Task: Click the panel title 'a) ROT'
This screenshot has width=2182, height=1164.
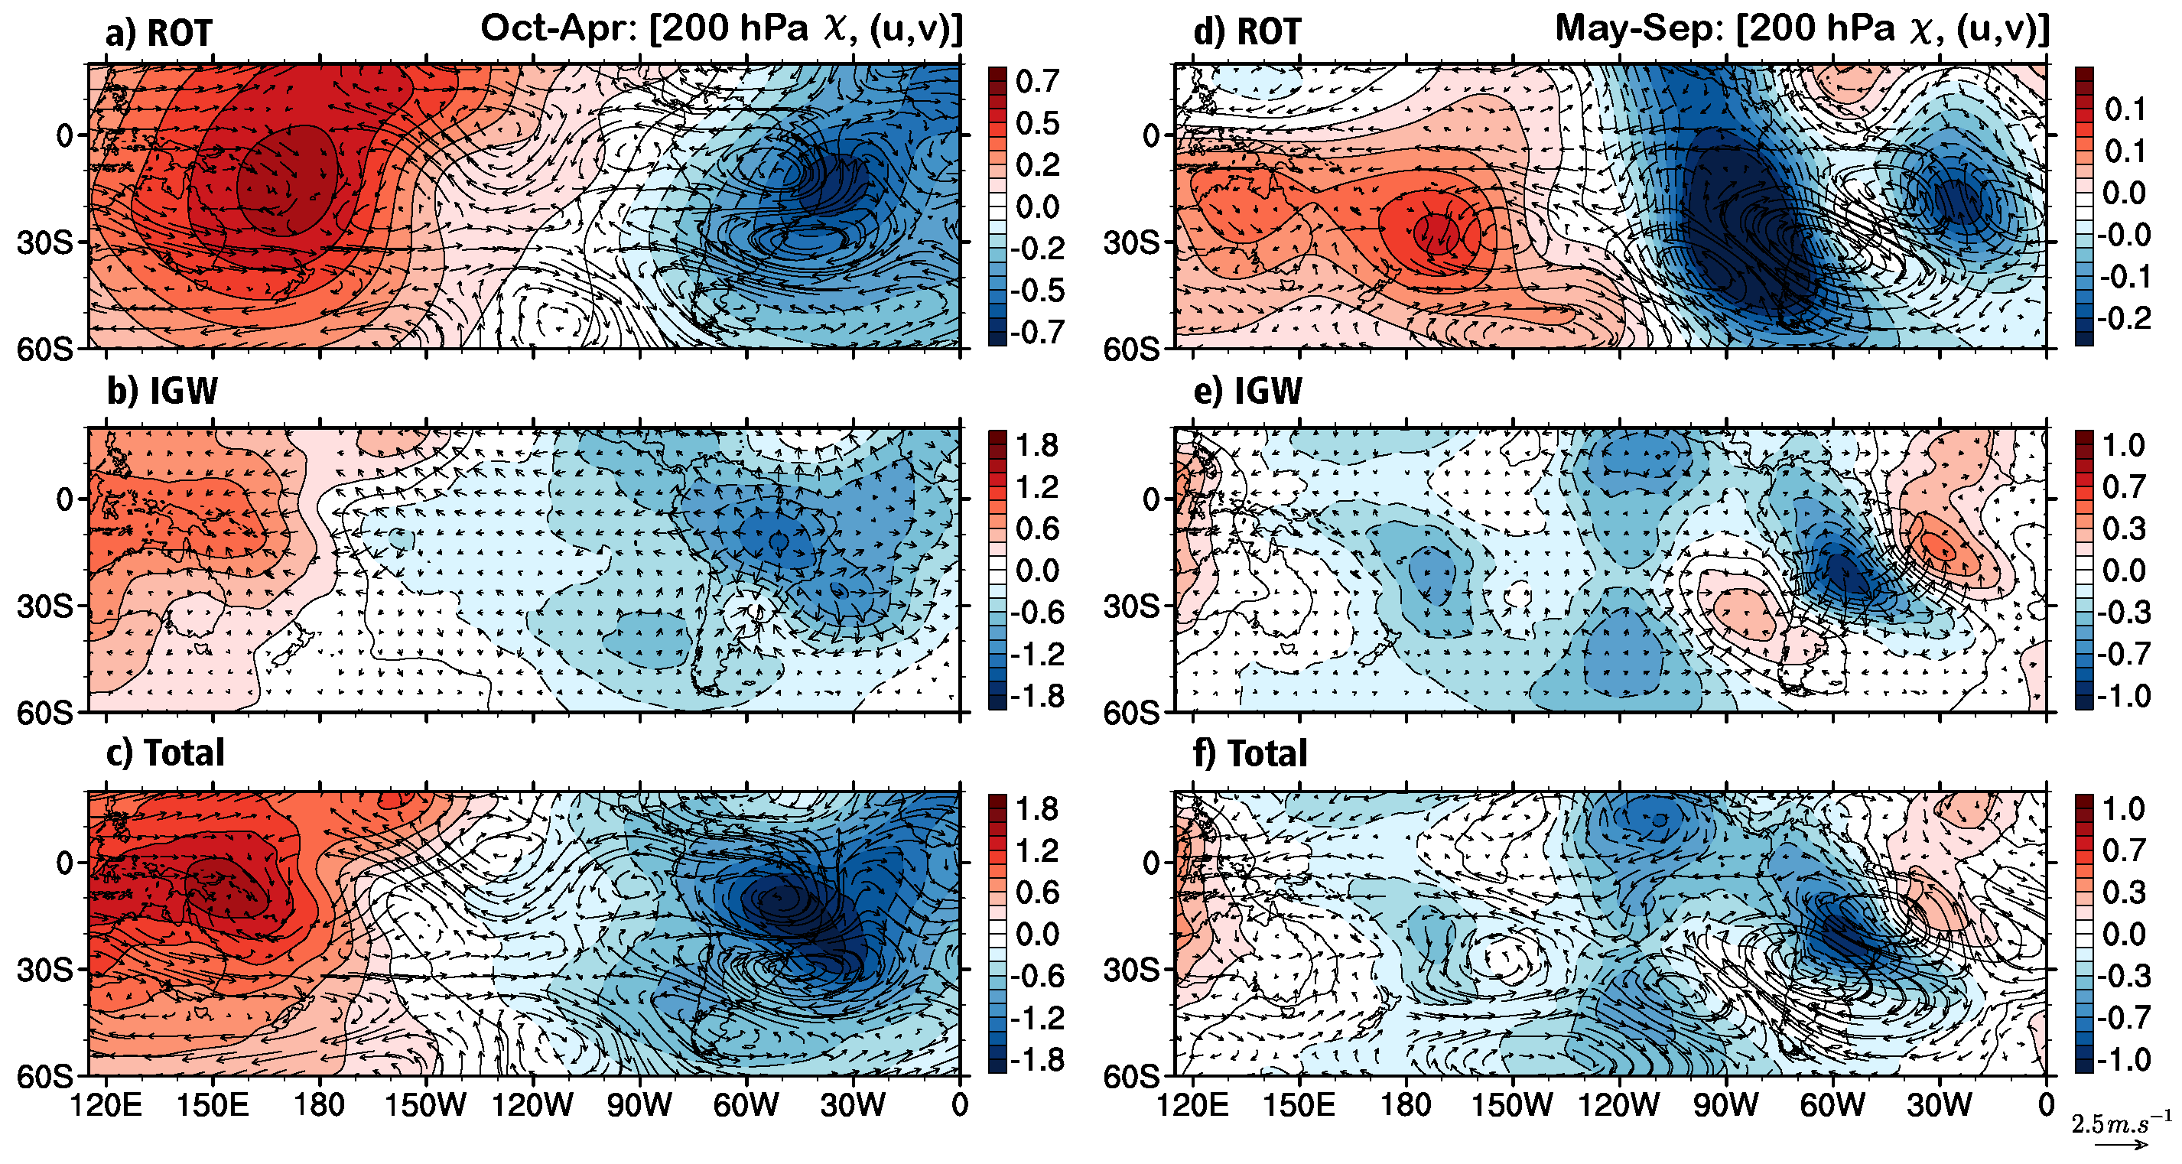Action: pos(158,33)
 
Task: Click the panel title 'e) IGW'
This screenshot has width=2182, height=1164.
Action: pos(1247,392)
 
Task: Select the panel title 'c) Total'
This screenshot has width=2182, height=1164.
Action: pos(165,753)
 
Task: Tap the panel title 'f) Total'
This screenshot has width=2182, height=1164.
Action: pos(1250,753)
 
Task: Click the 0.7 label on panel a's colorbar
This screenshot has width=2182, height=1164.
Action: pos(1037,82)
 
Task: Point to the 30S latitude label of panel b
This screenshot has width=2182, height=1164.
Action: pos(45,606)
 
